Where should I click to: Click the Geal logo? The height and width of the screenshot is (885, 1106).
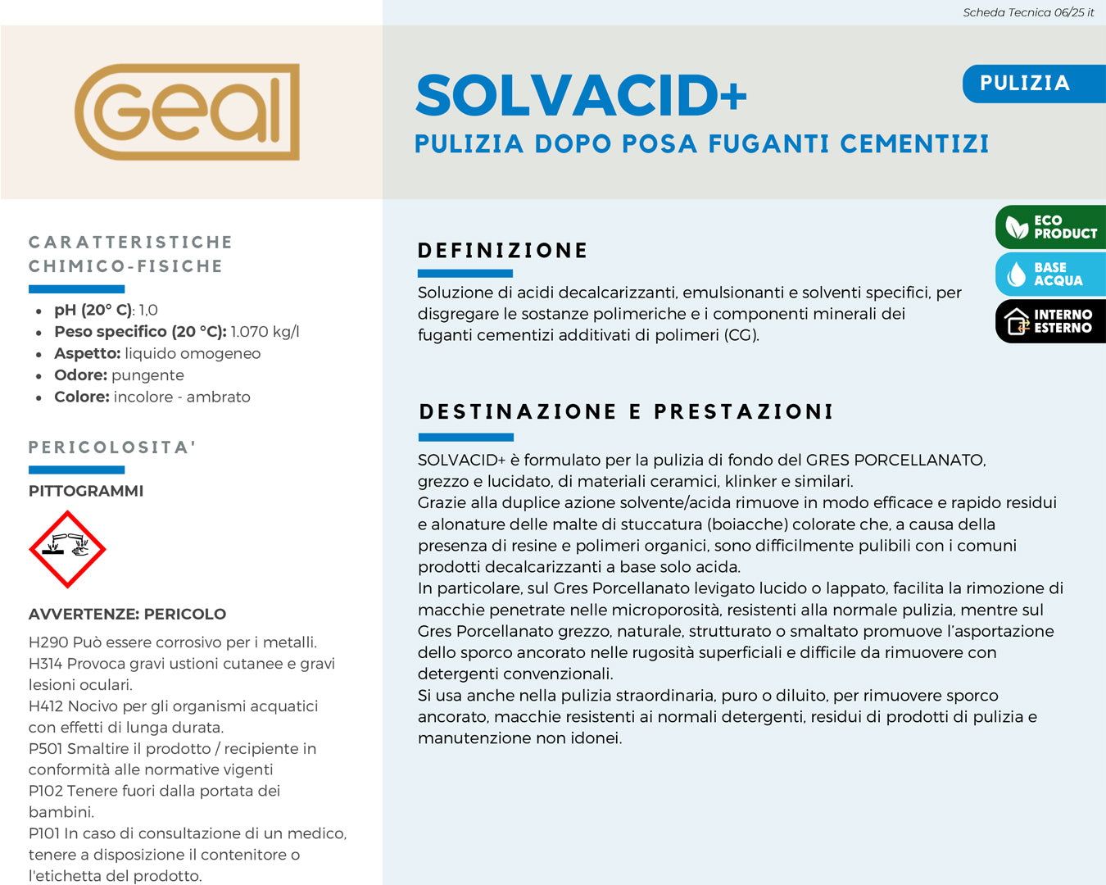(x=188, y=111)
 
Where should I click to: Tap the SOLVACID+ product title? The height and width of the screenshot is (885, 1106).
(x=581, y=95)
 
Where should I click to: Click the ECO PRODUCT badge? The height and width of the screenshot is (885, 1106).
(x=1051, y=227)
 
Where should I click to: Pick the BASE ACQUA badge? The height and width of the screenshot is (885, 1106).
(x=1051, y=274)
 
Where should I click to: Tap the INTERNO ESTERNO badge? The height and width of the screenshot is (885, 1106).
(x=1051, y=321)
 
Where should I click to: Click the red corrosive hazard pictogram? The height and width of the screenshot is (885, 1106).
(x=67, y=550)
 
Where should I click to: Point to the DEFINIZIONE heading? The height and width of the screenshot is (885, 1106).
(x=502, y=251)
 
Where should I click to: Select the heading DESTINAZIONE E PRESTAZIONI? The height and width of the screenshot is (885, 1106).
(x=626, y=411)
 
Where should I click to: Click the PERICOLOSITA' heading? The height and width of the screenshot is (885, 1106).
(x=112, y=447)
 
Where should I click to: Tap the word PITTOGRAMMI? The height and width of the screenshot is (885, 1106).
(x=86, y=491)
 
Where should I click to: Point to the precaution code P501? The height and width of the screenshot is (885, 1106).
(x=46, y=749)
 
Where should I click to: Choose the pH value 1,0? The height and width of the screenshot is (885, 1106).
(x=148, y=311)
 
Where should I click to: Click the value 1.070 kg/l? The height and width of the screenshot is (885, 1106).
(x=265, y=332)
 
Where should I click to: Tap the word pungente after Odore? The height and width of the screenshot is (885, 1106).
(x=147, y=375)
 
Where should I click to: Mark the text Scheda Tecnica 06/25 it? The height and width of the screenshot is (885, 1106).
(x=1028, y=12)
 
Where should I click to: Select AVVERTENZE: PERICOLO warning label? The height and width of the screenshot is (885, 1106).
(x=127, y=614)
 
